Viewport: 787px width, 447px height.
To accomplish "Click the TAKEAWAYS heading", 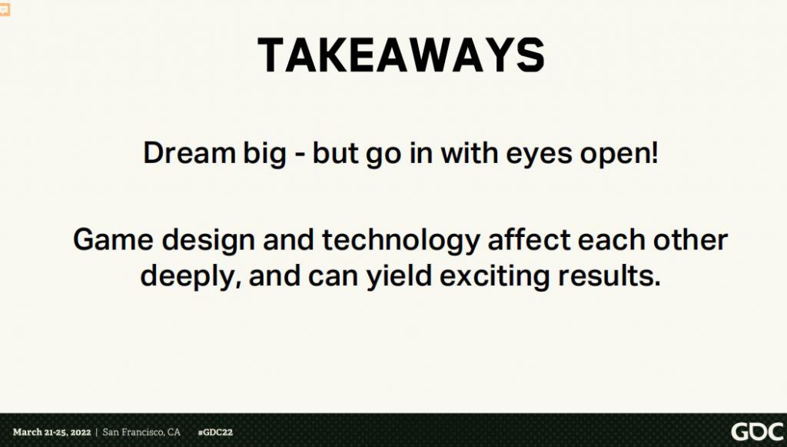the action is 401,55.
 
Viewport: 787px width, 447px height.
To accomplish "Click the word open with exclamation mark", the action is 619,155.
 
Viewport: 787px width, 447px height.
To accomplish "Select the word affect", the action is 529,239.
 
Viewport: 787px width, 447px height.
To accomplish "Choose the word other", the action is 690,239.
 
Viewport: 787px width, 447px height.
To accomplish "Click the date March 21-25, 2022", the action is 52,432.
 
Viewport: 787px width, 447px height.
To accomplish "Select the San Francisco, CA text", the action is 141,432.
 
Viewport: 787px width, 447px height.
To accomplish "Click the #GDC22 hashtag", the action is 215,432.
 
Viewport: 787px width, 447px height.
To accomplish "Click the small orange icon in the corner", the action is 5,9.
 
